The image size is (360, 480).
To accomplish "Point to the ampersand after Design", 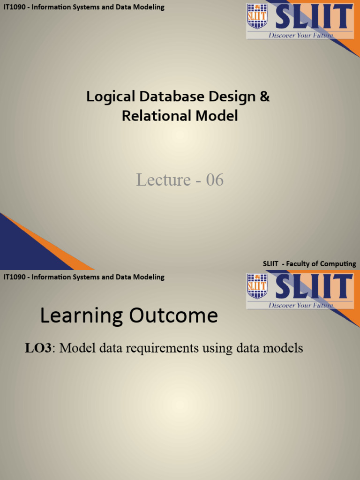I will [x=265, y=97].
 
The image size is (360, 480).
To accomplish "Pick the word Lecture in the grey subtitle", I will [x=163, y=180].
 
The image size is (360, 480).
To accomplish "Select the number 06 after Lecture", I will [x=215, y=180].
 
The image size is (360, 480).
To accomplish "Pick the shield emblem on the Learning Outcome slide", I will [x=257, y=286].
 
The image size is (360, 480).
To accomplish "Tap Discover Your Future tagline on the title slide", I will [x=300, y=35].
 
